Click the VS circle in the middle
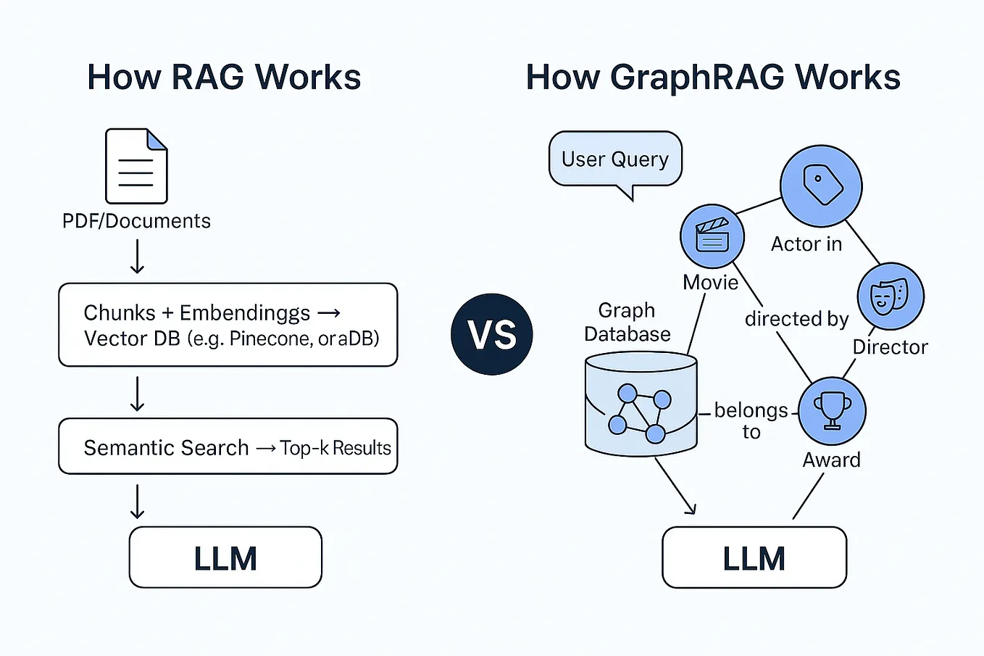coord(491,334)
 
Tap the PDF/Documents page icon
coord(136,166)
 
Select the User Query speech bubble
coord(615,159)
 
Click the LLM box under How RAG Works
coord(225,557)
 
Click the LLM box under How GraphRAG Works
coord(754,557)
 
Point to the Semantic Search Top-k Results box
coord(228,447)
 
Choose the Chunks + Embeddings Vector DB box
coord(228,325)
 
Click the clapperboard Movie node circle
coord(712,236)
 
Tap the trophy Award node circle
coord(832,411)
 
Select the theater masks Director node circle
coord(891,296)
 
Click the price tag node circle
coord(821,186)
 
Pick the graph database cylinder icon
coord(641,404)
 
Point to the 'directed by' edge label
coord(796,319)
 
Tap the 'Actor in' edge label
coord(806,244)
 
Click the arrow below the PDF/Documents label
coord(137,256)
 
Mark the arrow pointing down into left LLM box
coord(137,501)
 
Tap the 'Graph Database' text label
coord(627,322)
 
